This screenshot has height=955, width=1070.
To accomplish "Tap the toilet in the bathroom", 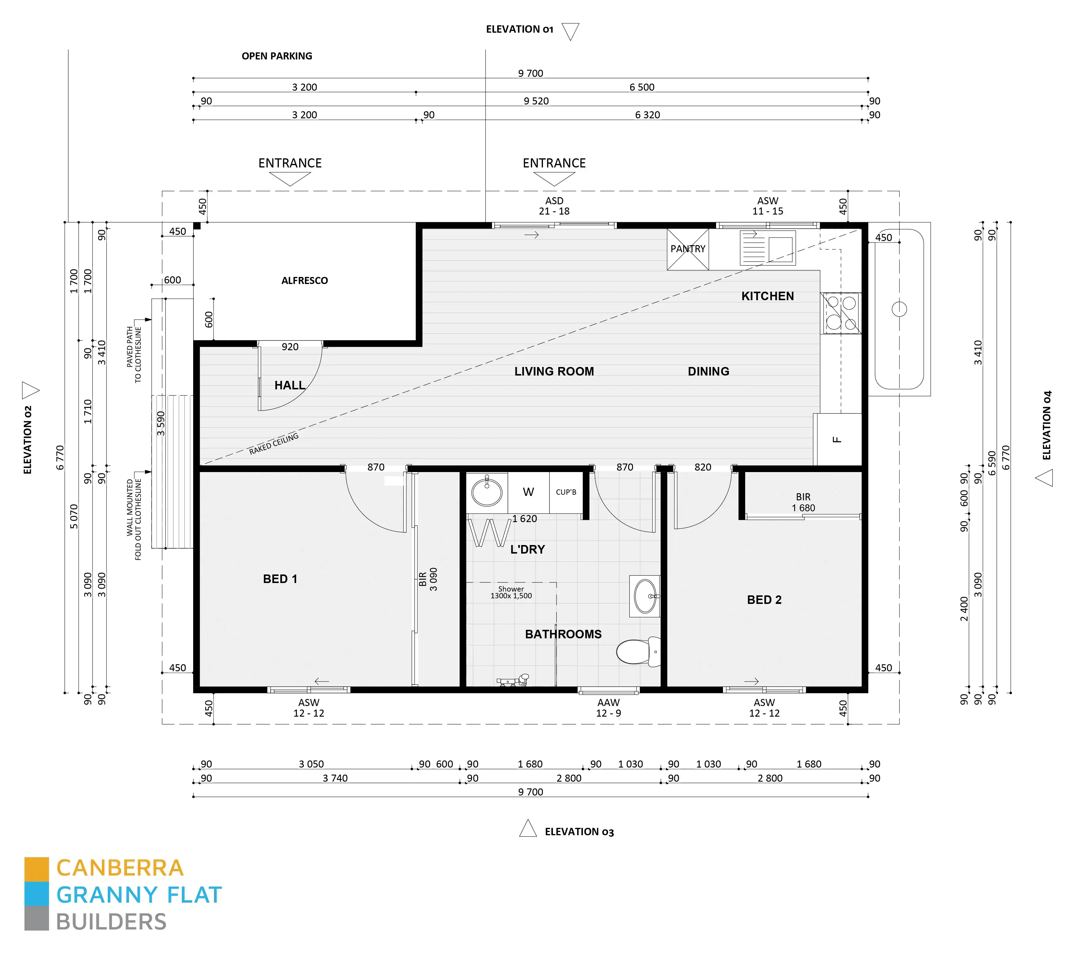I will (x=638, y=652).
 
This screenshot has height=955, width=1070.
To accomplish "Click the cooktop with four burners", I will (x=841, y=313).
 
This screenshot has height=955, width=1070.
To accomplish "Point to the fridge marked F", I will (x=837, y=439).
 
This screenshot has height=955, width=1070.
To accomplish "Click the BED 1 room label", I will (x=280, y=579).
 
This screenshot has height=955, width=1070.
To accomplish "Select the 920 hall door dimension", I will (x=290, y=347).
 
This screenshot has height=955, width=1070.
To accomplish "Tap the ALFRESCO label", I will (x=304, y=281).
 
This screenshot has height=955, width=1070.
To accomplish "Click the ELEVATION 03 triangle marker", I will (x=528, y=829).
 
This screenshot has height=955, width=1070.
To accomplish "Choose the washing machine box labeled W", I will (x=528, y=492).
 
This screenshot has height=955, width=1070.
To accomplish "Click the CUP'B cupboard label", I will (x=566, y=492).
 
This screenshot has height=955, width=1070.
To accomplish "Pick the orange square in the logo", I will (x=37, y=869).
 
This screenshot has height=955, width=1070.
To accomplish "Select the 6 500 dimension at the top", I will (x=642, y=87).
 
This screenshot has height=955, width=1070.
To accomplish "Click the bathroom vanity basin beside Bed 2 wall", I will (x=645, y=596).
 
